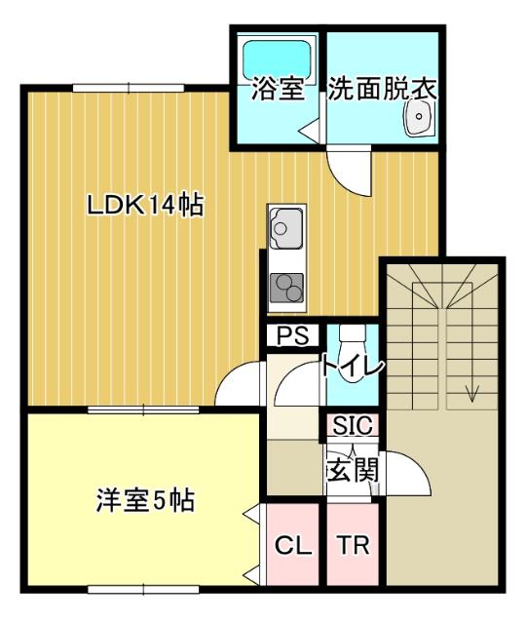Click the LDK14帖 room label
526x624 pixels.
(145, 206)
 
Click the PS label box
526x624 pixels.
(293, 335)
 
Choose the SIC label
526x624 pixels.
(352, 426)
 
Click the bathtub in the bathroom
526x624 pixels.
(277, 58)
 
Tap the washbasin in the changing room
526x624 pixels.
(419, 121)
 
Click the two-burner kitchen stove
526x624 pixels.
(286, 286)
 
